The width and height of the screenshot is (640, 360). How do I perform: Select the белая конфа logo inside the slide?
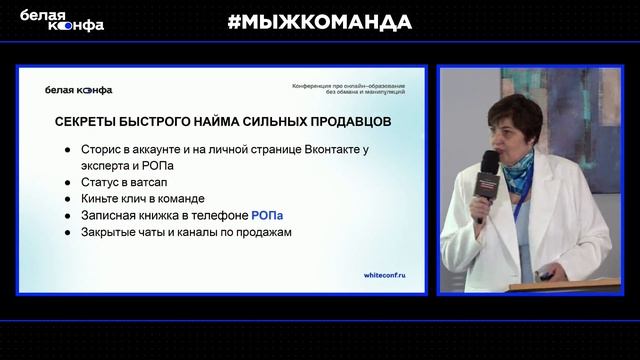pos(79,90)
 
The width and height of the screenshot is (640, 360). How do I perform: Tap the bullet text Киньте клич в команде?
pos(142,199)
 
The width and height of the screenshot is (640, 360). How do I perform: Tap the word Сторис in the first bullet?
pos(100,149)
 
